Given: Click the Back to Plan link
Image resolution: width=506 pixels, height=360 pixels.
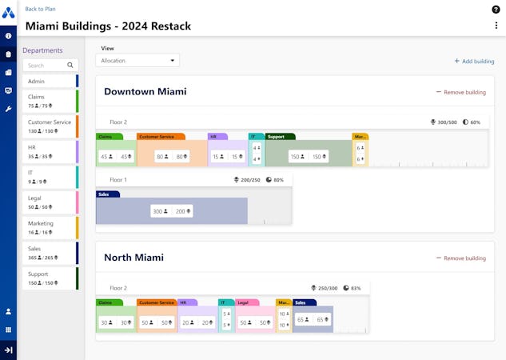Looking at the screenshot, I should pyautogui.click(x=40, y=9).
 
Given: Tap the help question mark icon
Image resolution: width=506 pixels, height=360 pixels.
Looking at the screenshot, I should pyautogui.click(x=496, y=9).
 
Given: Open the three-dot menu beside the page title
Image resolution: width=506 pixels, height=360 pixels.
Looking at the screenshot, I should pyautogui.click(x=496, y=26).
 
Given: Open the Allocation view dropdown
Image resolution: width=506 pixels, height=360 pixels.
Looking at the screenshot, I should pyautogui.click(x=137, y=60).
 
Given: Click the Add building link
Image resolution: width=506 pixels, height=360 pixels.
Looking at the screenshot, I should pyautogui.click(x=474, y=61).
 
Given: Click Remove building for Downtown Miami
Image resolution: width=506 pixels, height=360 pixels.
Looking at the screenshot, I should pyautogui.click(x=461, y=92).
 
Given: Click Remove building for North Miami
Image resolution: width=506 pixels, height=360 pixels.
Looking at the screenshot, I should pyautogui.click(x=461, y=258).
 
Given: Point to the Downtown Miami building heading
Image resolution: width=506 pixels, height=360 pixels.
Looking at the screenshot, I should pyautogui.click(x=145, y=91).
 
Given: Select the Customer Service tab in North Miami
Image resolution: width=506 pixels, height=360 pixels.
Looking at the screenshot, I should pyautogui.click(x=156, y=302).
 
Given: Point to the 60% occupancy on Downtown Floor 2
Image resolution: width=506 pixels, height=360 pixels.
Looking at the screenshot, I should pyautogui.click(x=471, y=122).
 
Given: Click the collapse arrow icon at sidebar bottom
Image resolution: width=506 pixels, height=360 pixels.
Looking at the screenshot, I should pyautogui.click(x=8, y=350).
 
